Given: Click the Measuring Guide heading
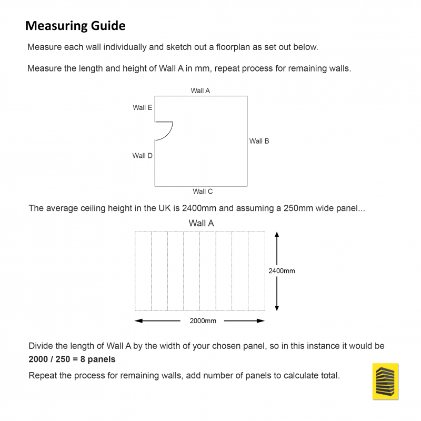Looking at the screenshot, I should (x=75, y=25).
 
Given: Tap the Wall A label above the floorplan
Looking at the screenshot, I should (x=200, y=91).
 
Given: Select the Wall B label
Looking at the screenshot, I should (x=259, y=141).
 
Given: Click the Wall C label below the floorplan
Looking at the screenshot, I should (x=203, y=192).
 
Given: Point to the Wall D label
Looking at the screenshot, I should (x=142, y=156).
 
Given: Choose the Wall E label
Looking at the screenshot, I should (x=142, y=107).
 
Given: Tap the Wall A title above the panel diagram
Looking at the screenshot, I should (x=201, y=223).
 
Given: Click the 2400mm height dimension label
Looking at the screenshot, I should (x=282, y=271).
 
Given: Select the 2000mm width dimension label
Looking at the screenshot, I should (x=203, y=321).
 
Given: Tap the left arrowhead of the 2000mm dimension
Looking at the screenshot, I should (x=138, y=321).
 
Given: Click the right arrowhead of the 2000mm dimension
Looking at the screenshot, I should (x=262, y=321).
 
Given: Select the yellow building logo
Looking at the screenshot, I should (x=385, y=381).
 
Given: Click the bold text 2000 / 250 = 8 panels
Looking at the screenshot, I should (x=72, y=359).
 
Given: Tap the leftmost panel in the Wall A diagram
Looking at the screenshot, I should (x=143, y=271).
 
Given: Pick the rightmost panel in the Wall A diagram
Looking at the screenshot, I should (x=256, y=271).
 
